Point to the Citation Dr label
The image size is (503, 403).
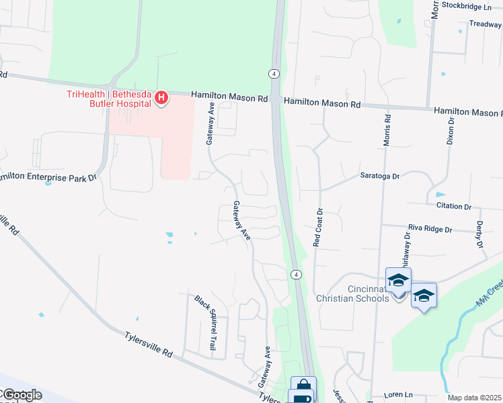(455, 206)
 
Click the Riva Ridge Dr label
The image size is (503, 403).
(429, 229)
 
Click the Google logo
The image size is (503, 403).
(21, 395)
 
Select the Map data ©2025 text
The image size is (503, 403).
(474, 398)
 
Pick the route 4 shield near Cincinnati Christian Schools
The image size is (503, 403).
(295, 274)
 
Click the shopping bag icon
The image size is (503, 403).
(303, 385)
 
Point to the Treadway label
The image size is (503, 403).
(486, 24)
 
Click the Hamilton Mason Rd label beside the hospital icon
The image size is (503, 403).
(229, 97)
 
